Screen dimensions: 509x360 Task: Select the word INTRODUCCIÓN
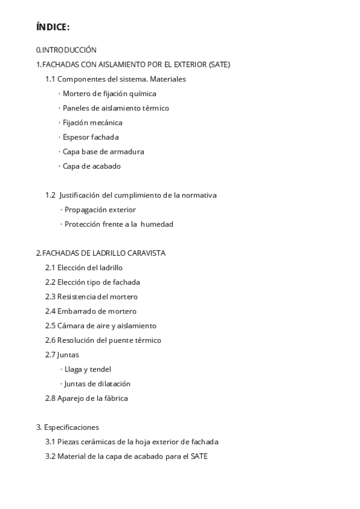click(x=70, y=50)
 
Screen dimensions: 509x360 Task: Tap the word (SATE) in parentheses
click(x=220, y=64)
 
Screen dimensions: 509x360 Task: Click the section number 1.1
click(x=50, y=79)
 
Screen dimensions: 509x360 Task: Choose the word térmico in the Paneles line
click(x=155, y=108)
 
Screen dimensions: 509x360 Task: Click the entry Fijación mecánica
click(x=92, y=122)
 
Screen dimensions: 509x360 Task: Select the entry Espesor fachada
click(x=91, y=137)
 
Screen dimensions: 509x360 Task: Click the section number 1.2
click(x=50, y=195)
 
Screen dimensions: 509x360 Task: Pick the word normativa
click(x=199, y=195)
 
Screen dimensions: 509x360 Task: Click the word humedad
click(x=157, y=224)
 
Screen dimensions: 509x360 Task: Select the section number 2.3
click(x=50, y=297)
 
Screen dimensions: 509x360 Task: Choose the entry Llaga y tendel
click(x=88, y=369)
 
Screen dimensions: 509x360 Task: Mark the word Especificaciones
click(x=71, y=427)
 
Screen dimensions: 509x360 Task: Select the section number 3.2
click(x=50, y=456)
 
